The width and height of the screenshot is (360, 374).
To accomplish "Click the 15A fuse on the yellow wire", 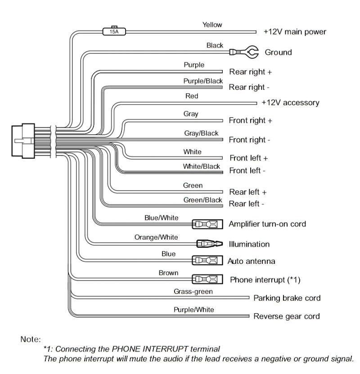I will tap(114, 31).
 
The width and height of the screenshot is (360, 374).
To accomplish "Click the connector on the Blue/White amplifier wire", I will tap(207, 224).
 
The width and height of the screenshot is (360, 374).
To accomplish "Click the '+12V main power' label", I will tap(295, 32).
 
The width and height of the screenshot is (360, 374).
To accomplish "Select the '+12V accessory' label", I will tap(290, 102).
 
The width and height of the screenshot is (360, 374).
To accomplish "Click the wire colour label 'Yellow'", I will tap(212, 25).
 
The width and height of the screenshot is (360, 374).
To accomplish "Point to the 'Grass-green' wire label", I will tap(193, 292).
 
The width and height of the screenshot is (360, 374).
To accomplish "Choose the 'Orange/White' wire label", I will tap(156, 237).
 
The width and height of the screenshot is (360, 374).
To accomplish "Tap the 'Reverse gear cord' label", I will tap(287, 316).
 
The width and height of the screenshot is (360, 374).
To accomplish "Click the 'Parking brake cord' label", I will tap(287, 298).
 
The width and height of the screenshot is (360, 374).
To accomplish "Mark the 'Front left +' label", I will tap(248, 158).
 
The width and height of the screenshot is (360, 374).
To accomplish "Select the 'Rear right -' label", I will tap(249, 87).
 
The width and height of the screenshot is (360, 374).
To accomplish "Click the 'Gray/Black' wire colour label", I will tap(201, 134).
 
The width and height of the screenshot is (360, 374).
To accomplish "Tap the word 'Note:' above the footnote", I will tap(31, 339).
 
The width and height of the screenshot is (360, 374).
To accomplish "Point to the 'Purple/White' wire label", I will tap(193, 310).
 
